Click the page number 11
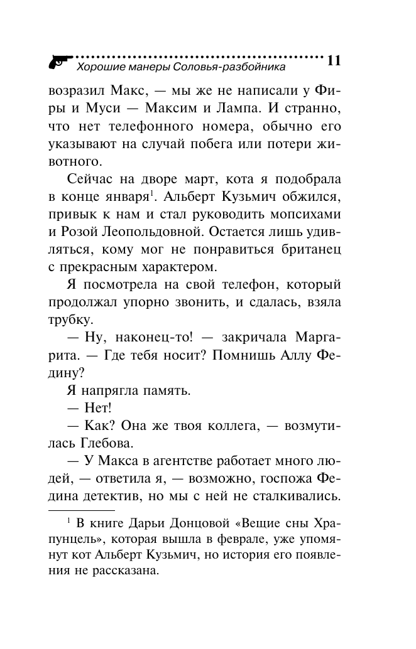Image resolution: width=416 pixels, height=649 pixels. [x=333, y=61]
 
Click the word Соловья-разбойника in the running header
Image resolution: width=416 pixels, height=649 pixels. [x=231, y=66]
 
